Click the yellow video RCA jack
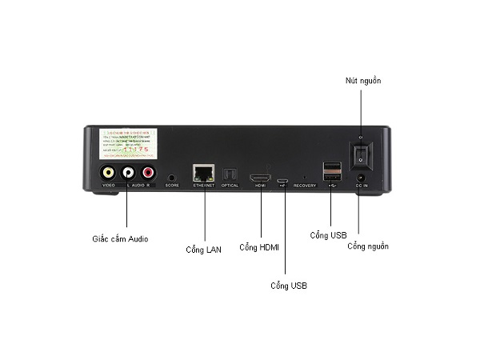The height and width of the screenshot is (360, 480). click(x=107, y=172)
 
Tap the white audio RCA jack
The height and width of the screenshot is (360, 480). click(x=127, y=172)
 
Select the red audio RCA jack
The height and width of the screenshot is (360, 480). click(x=147, y=172)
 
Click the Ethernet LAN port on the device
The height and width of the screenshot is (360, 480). click(x=204, y=173)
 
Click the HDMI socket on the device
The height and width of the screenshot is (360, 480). click(x=260, y=177)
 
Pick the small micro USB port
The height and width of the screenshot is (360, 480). click(x=283, y=180)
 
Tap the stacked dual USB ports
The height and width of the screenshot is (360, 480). click(x=331, y=171)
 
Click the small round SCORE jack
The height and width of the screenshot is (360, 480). click(x=171, y=176)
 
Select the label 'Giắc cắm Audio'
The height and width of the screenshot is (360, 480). click(x=120, y=238)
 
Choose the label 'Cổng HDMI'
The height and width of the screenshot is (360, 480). click(x=259, y=246)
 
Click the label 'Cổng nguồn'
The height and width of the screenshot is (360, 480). click(x=368, y=246)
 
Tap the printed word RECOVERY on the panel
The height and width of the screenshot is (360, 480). click(x=305, y=186)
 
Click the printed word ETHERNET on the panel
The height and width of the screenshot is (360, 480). click(x=204, y=186)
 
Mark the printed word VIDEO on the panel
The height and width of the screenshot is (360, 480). click(x=108, y=186)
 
